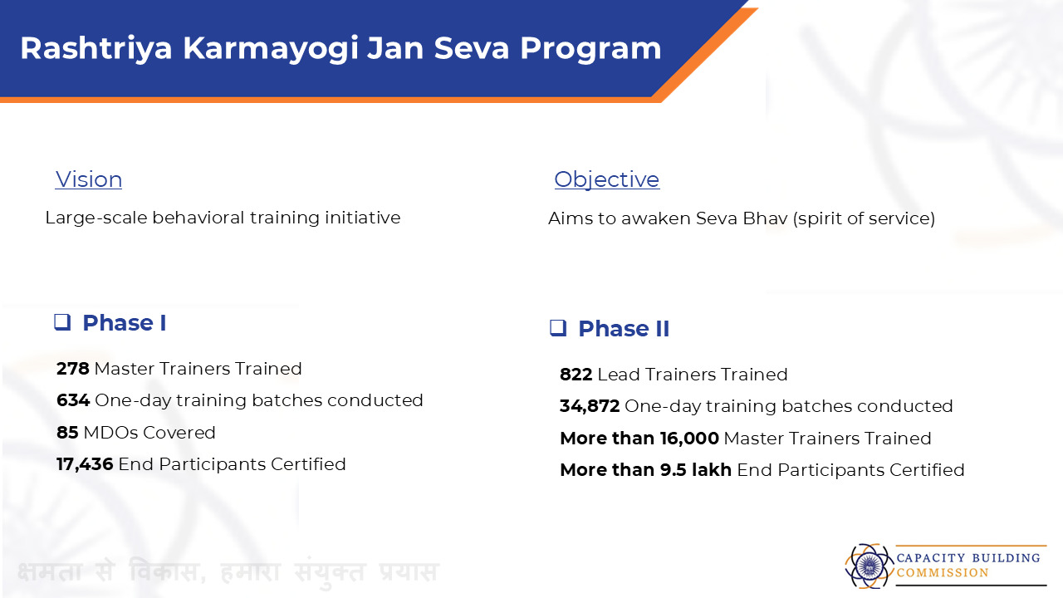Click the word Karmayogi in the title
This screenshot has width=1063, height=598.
pyautogui.click(x=271, y=49)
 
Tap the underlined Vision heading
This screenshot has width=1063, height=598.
pyautogui.click(x=89, y=179)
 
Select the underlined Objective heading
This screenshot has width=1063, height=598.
pyautogui.click(x=607, y=180)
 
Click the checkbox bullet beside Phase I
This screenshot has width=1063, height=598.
pyautogui.click(x=62, y=322)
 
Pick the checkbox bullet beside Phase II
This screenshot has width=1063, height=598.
pyautogui.click(x=558, y=328)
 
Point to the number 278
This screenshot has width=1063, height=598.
pyautogui.click(x=72, y=369)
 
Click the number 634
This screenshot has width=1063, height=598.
pyautogui.click(x=73, y=400)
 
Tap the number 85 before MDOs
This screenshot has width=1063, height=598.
pyautogui.click(x=67, y=433)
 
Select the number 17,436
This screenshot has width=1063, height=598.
pyautogui.click(x=85, y=464)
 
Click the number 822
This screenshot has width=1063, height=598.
pyautogui.click(x=576, y=375)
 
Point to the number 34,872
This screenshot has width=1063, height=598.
pyautogui.click(x=590, y=406)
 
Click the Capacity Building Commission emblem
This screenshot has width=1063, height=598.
pyautogui.click(x=868, y=566)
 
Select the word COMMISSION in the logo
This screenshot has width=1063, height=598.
pyautogui.click(x=943, y=573)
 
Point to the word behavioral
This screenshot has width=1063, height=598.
pyautogui.click(x=198, y=218)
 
